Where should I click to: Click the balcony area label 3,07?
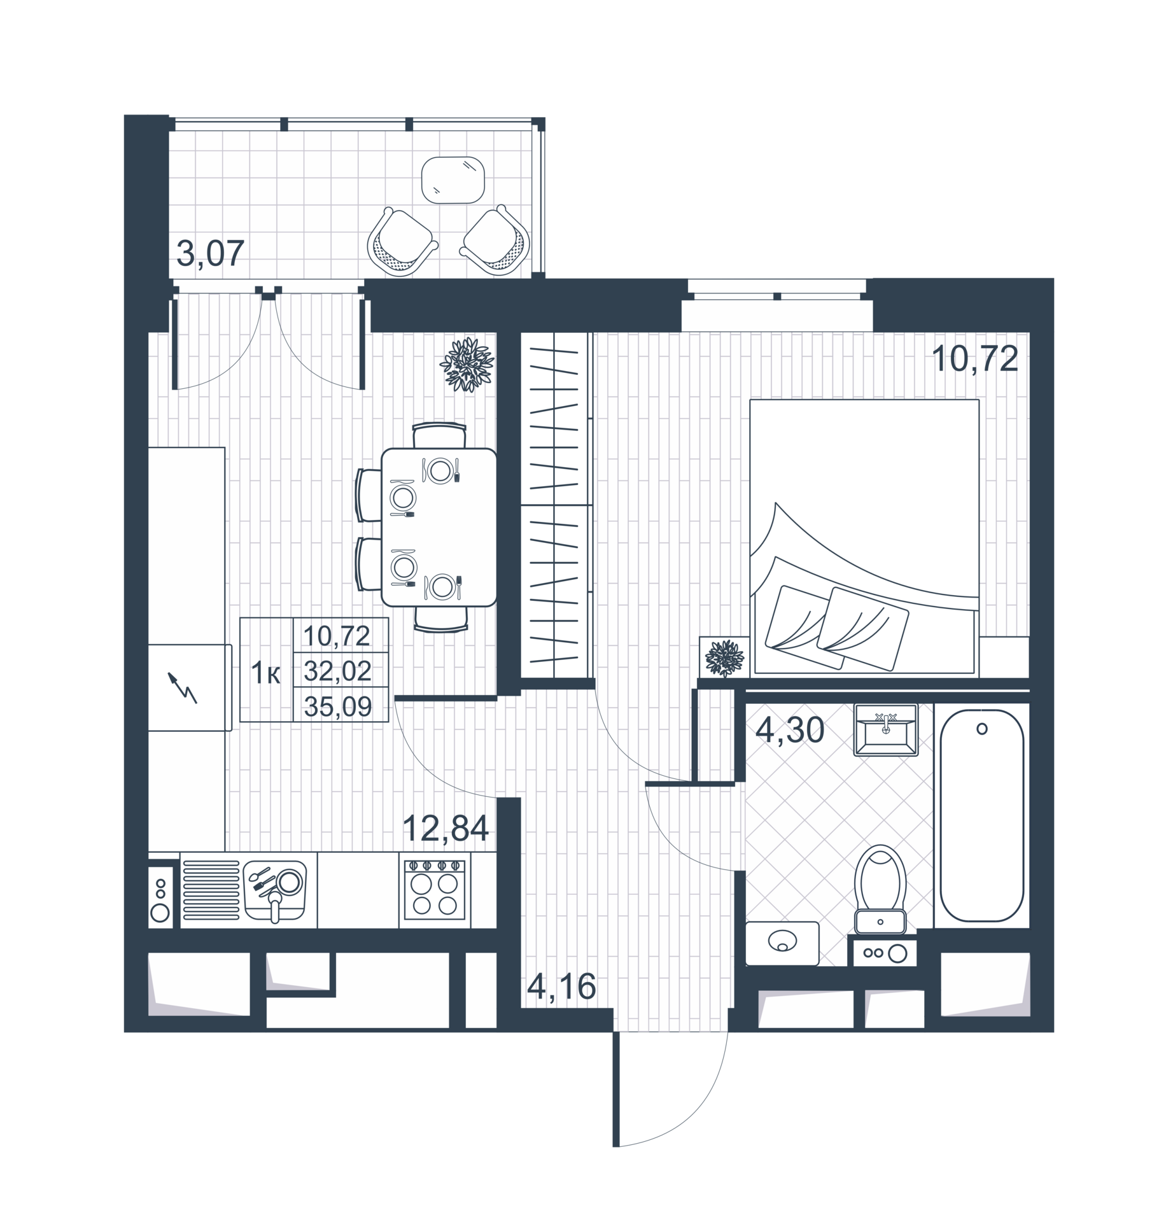(x=210, y=253)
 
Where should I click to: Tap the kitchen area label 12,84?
(x=446, y=828)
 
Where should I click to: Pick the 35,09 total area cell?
(x=338, y=706)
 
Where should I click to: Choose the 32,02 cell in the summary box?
(x=338, y=671)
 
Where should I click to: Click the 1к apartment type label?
(x=265, y=673)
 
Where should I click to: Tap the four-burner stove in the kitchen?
(x=435, y=890)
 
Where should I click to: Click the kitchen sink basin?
(x=275, y=890)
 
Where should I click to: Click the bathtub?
(x=981, y=815)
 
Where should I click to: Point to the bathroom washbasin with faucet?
(x=885, y=729)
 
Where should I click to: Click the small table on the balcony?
(x=453, y=180)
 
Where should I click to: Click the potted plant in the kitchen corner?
(x=467, y=364)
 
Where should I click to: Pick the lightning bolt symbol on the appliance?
(x=183, y=687)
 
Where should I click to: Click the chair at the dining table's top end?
(x=439, y=436)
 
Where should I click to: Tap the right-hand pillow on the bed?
(x=862, y=629)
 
